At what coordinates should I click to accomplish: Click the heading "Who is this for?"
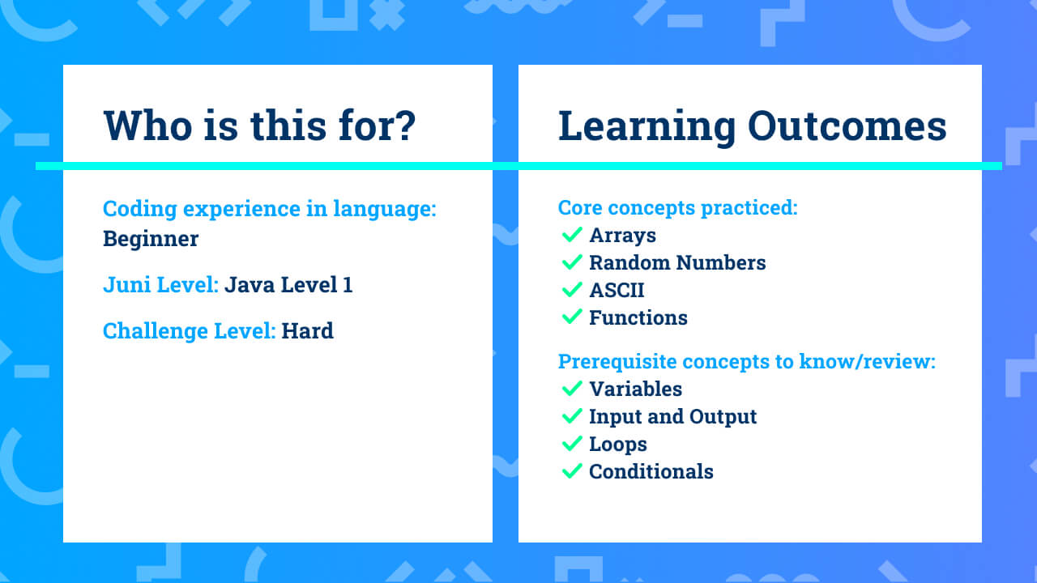click(260, 126)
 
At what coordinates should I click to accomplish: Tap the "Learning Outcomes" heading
click(753, 126)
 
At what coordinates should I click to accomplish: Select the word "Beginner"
click(151, 239)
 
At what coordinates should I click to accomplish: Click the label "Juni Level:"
click(160, 284)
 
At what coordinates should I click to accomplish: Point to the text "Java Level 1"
click(288, 284)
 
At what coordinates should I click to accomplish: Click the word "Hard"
click(307, 331)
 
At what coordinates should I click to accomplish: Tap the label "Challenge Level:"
click(190, 331)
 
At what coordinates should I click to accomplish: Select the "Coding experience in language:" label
click(270, 209)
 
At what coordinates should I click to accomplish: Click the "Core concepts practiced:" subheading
click(678, 208)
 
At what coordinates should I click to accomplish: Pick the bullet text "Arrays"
click(623, 236)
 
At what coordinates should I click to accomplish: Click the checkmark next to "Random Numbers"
click(572, 262)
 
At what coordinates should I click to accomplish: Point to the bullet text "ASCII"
click(617, 291)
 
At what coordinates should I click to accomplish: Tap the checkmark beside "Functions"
click(572, 317)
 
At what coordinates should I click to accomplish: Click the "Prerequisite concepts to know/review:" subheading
click(747, 361)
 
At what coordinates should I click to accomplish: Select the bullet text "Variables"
click(636, 389)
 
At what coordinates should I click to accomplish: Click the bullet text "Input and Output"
click(672, 417)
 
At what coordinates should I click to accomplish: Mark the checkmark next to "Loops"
click(572, 443)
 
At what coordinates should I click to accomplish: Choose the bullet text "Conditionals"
click(651, 471)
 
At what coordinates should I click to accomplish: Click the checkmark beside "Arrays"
click(572, 235)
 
